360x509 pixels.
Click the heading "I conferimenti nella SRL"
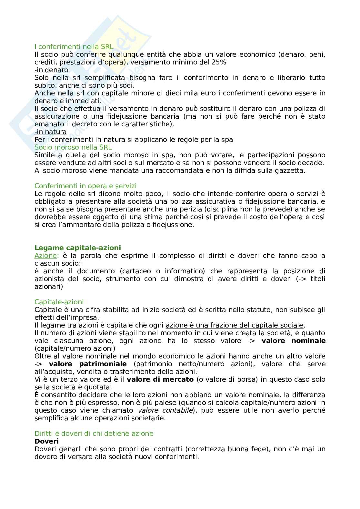pyautogui.click(x=74, y=47)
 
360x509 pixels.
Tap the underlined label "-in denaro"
pyautogui.click(x=51, y=70)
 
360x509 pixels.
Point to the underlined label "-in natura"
pyautogui.click(x=51, y=132)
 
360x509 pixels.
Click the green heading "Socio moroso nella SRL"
pyautogui.click(x=73, y=147)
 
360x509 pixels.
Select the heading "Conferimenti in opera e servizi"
pyautogui.click(x=85, y=186)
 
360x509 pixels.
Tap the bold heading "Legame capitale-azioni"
pyautogui.click(x=78, y=248)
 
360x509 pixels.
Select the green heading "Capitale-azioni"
pyautogui.click(x=59, y=302)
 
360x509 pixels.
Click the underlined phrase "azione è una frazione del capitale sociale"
pyautogui.click(x=235, y=325)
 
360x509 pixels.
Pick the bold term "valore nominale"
pyautogui.click(x=293, y=341)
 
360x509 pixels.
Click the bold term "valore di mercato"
pyautogui.click(x=160, y=379)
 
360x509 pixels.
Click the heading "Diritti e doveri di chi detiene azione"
pyautogui.click(x=94, y=434)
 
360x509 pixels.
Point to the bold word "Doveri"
pyautogui.click(x=46, y=441)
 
